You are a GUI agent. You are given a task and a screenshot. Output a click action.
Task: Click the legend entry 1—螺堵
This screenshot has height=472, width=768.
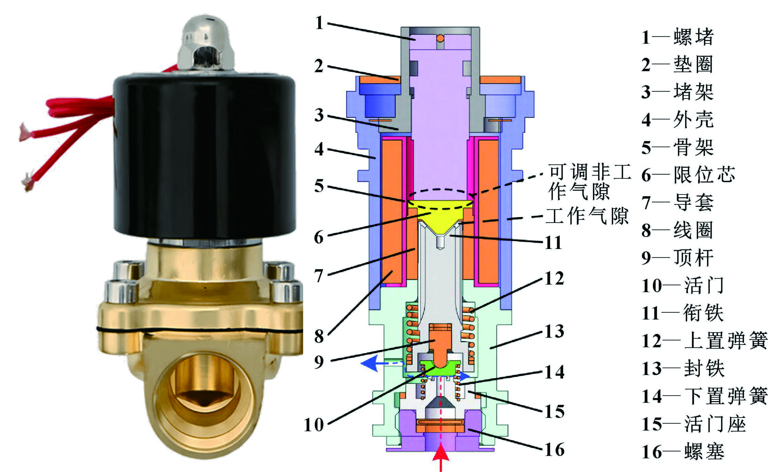677,37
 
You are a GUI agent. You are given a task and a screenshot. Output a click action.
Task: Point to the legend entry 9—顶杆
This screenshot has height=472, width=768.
677,258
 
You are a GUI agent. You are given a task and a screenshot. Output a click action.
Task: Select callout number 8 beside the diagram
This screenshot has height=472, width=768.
319,336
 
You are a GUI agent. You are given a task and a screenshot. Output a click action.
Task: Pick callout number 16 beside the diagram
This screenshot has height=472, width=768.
554,450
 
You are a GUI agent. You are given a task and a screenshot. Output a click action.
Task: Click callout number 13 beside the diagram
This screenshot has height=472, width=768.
554,331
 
